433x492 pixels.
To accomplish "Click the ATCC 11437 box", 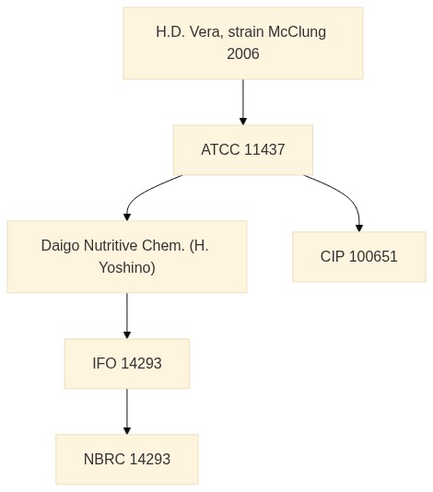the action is (x=243, y=149).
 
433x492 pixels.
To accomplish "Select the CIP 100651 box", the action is (x=359, y=257).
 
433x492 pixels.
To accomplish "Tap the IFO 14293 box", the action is (x=127, y=363).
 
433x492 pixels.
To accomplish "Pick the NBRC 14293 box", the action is (x=127, y=459).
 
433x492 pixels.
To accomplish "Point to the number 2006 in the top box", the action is (x=243, y=53).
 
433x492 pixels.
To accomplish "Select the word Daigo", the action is (x=61, y=246).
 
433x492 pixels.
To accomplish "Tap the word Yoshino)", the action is (x=127, y=267).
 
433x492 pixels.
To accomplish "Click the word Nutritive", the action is (x=111, y=245).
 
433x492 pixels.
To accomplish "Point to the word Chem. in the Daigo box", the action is (x=163, y=245).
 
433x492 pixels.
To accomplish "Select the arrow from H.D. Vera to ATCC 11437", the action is (x=243, y=102).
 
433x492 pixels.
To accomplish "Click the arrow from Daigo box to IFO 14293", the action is (x=127, y=316).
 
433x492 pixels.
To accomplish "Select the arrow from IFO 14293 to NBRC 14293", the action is (x=127, y=411).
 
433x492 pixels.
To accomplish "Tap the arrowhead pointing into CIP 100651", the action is (x=359, y=228).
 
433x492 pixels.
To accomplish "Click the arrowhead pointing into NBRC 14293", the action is (x=127, y=431).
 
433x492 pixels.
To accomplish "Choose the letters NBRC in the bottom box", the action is (x=104, y=459).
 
